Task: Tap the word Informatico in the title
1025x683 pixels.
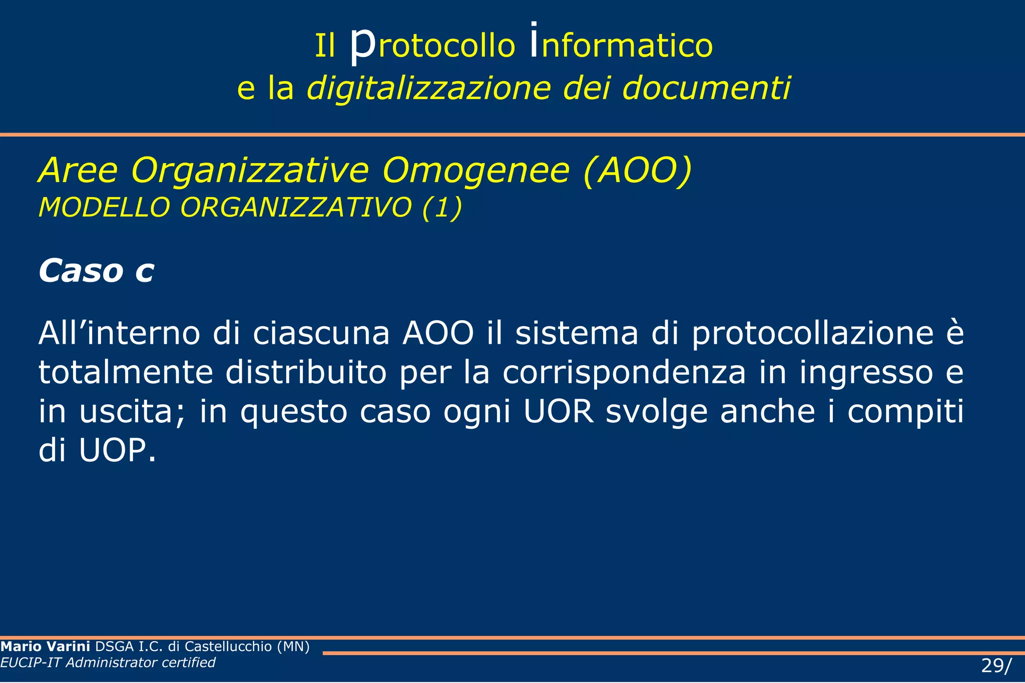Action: point(621,45)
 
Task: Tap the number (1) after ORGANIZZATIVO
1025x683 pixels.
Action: point(442,207)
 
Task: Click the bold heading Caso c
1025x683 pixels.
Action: point(96,271)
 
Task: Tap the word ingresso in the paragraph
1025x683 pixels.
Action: point(866,372)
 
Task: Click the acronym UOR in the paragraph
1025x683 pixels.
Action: point(559,411)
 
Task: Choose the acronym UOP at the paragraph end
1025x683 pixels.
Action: point(118,450)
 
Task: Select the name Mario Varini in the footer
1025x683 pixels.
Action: point(46,646)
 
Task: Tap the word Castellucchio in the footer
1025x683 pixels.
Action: point(228,646)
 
